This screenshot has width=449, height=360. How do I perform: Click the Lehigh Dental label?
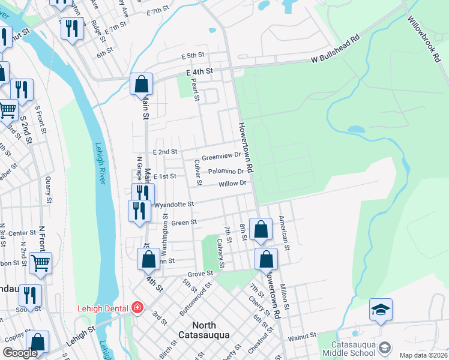103,308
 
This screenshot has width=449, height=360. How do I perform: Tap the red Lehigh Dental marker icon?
137,308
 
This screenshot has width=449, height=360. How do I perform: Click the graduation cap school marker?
381,310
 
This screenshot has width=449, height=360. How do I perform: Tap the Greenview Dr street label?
221,158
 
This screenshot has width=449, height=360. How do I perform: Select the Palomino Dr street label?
227,172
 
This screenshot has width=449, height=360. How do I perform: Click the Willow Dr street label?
233,184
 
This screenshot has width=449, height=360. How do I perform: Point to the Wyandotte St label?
175,205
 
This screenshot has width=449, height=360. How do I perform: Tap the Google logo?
20,353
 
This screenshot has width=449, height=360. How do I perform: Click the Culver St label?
197,173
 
